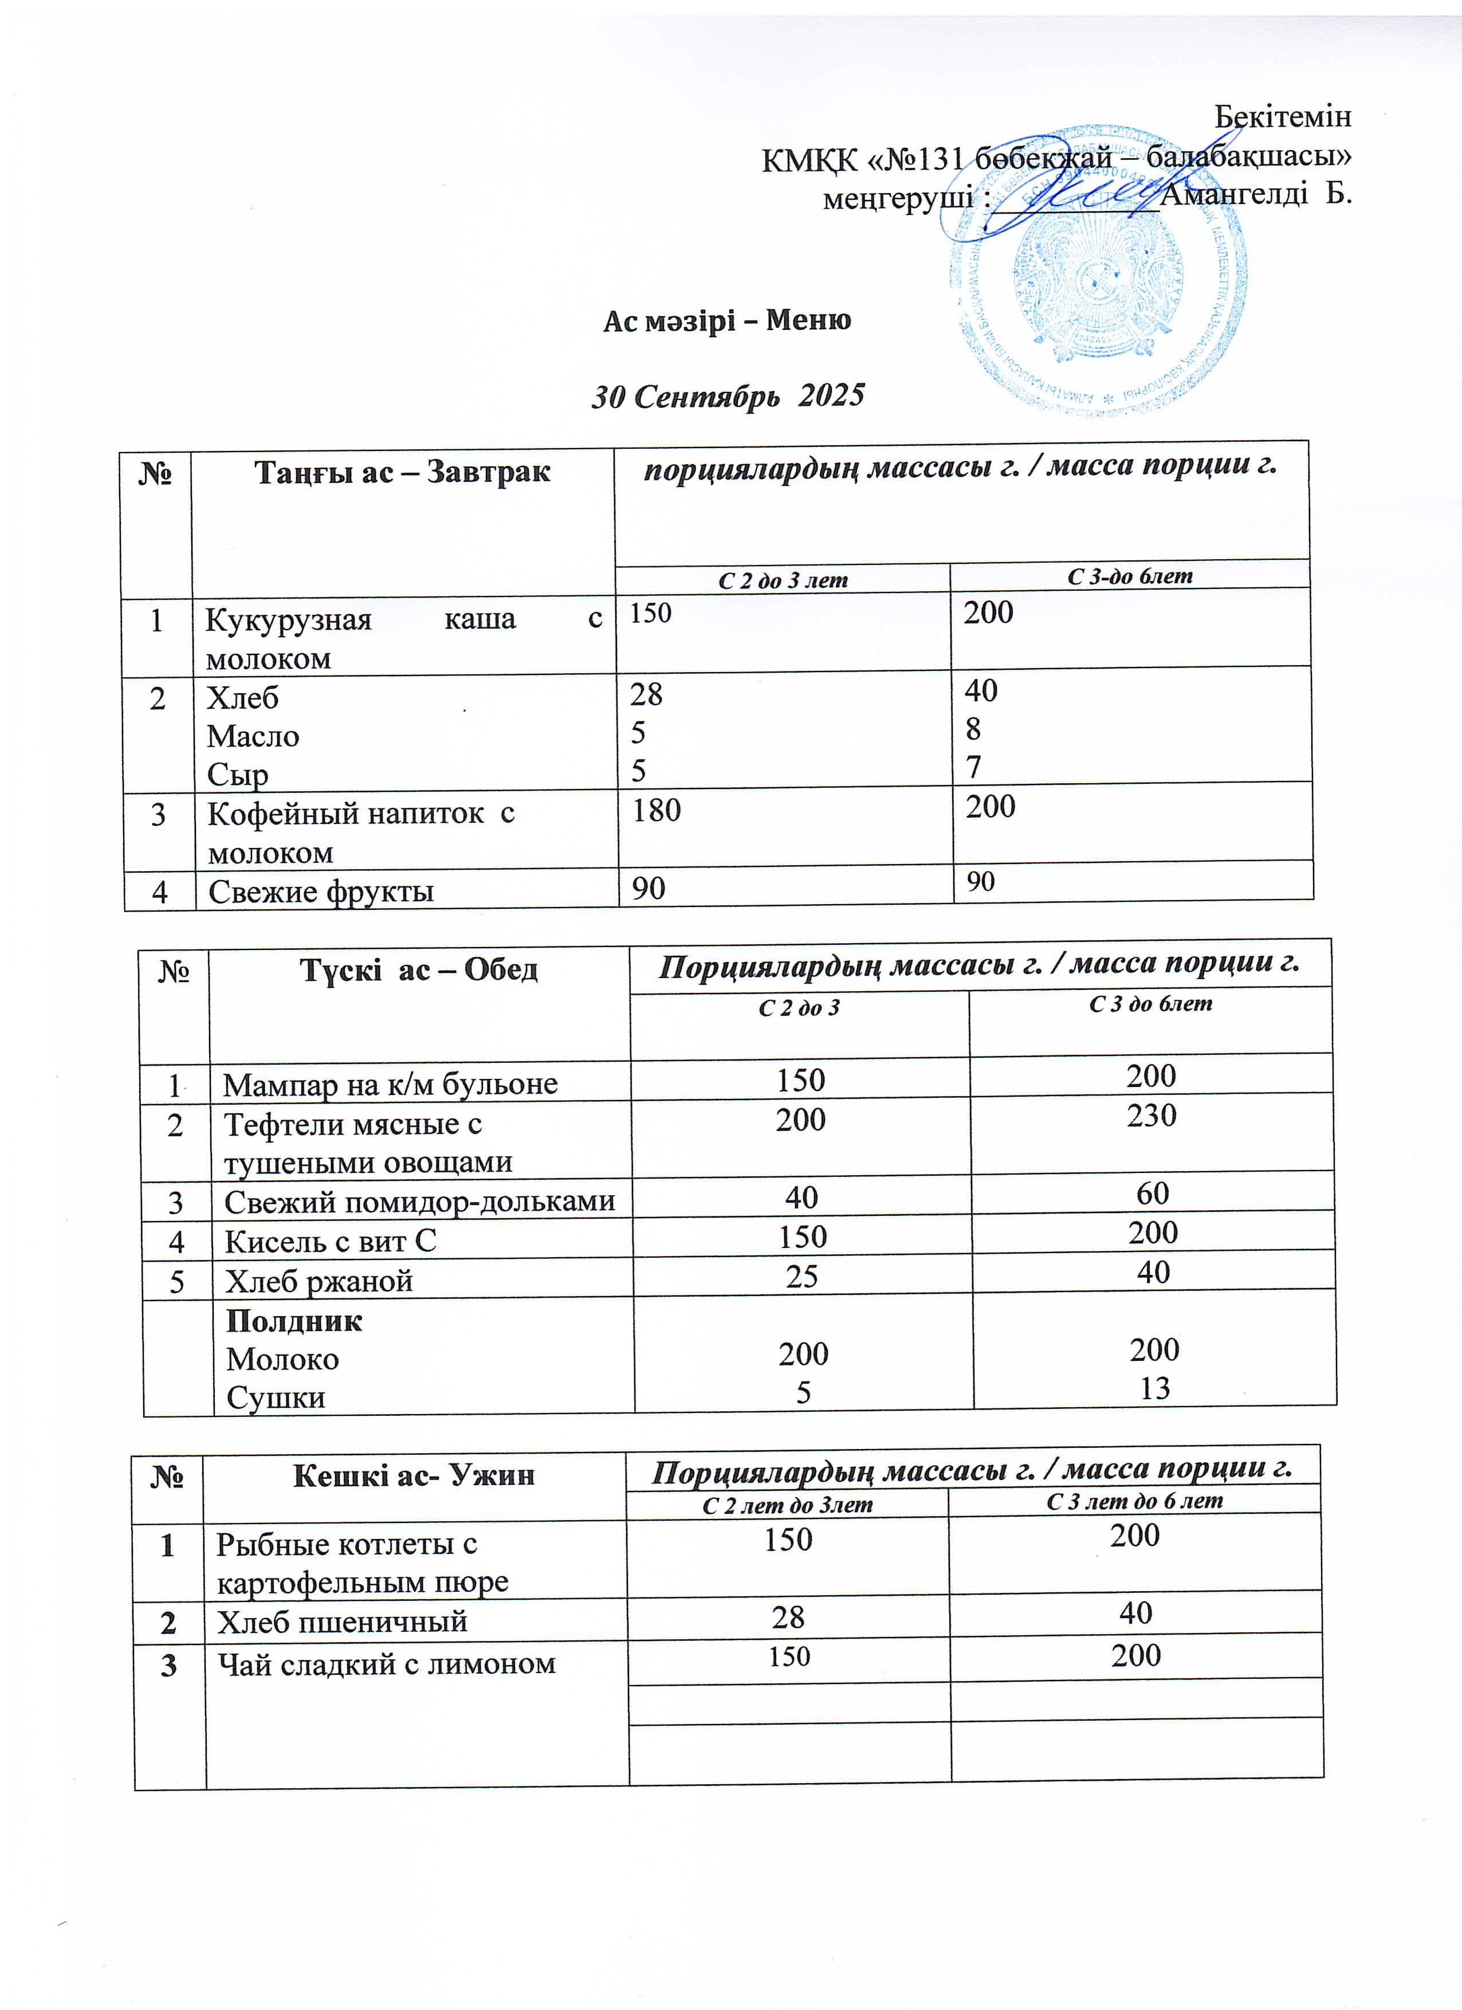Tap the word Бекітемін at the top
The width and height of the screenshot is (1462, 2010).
pos(1282,116)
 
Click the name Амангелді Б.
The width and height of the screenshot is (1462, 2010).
pos(1256,194)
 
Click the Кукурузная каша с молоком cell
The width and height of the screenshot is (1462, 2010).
pos(403,638)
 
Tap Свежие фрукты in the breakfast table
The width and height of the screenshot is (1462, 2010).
pos(321,890)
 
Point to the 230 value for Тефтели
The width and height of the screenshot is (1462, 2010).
pos(1151,1115)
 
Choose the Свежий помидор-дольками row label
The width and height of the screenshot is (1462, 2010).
pos(419,1202)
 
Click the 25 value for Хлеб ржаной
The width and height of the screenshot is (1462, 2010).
pos(802,1276)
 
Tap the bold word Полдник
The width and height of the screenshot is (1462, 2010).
pos(294,1321)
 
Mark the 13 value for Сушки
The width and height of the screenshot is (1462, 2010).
pos(1154,1388)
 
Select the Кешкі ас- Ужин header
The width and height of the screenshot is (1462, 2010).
pos(414,1475)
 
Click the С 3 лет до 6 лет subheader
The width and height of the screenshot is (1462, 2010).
pos(1134,1501)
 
